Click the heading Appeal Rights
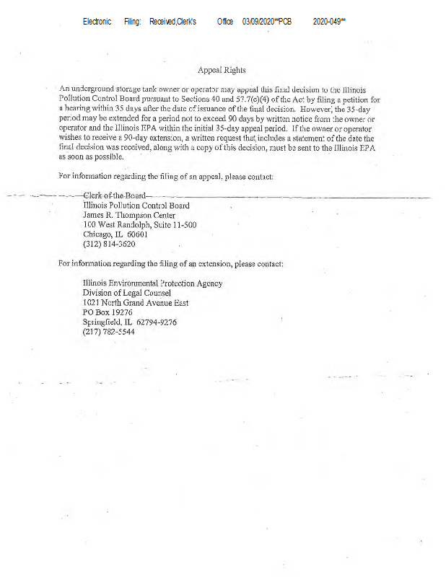tap(222, 70)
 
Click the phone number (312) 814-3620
tap(110, 245)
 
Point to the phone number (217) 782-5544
tap(110, 332)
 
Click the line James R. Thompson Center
tap(129, 215)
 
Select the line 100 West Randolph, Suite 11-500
tap(140, 225)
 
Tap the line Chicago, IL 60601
tap(115, 234)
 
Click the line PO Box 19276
tap(108, 313)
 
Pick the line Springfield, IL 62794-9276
tap(130, 322)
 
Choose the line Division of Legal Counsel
tap(128, 294)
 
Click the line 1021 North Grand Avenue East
tap(136, 303)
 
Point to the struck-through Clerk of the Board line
tap(115, 195)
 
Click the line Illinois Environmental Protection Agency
tap(153, 283)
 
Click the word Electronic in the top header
tap(97, 22)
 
